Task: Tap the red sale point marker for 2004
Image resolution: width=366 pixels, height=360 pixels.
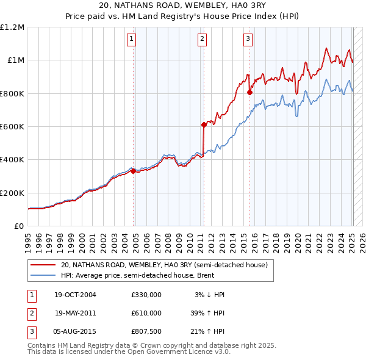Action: (133, 171)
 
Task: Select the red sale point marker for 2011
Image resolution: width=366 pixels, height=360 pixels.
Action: (204, 124)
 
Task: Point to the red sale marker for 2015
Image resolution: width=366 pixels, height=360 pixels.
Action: (249, 92)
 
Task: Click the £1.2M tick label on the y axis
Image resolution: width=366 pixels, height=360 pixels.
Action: (12, 27)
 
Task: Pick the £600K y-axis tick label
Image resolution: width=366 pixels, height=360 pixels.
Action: (12, 127)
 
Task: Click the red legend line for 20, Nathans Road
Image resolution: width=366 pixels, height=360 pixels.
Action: (41, 265)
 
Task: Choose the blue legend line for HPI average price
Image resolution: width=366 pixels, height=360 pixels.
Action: (41, 275)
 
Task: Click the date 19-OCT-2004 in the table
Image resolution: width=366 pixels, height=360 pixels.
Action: (76, 295)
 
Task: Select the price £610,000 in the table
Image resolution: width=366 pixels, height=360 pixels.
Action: (146, 312)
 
